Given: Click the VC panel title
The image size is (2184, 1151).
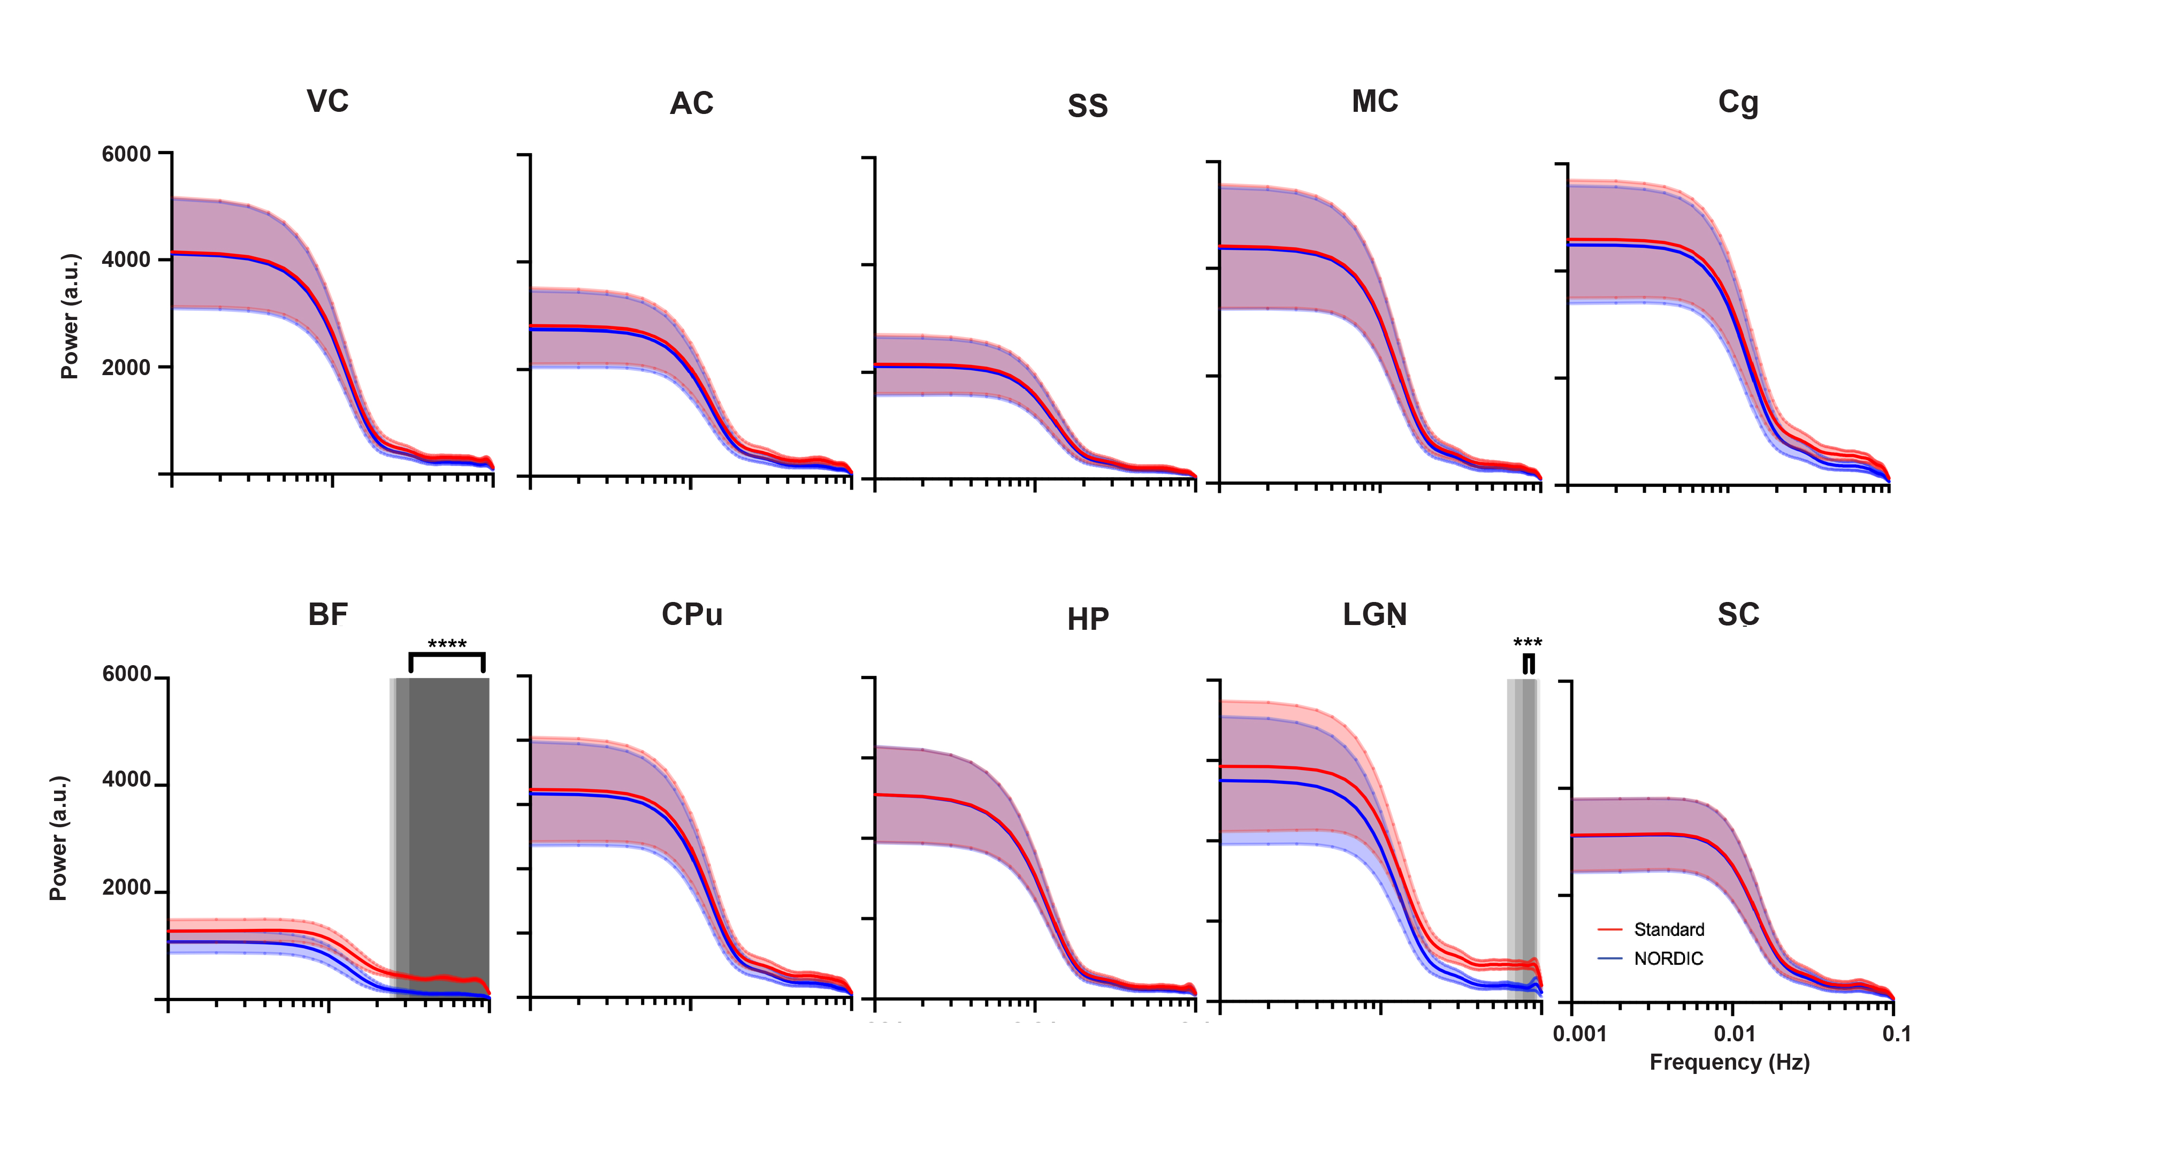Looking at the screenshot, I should click(x=327, y=102).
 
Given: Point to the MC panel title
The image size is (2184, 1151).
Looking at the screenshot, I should click(x=1374, y=102).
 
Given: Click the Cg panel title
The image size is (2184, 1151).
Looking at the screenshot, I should click(x=1738, y=103).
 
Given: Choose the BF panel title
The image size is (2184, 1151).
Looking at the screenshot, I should click(x=327, y=615).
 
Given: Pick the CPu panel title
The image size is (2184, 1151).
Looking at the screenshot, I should click(x=692, y=615).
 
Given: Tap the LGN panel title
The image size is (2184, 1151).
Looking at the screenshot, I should click(x=1374, y=615).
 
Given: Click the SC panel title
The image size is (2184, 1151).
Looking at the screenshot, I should click(x=1738, y=615).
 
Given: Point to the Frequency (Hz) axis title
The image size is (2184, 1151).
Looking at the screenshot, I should click(x=1730, y=1062).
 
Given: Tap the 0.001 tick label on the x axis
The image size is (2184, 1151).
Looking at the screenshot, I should click(x=1579, y=1034).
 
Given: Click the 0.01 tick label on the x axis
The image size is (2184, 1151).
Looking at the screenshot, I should click(x=1734, y=1034).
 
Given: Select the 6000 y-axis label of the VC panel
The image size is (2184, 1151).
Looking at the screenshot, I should click(x=126, y=154).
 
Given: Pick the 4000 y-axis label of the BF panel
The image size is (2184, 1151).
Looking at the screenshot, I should click(x=126, y=780).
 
